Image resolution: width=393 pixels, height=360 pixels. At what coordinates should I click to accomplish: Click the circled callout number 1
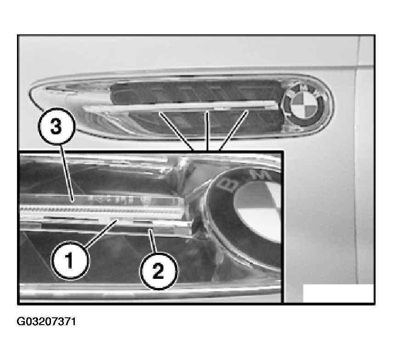coord(70,260)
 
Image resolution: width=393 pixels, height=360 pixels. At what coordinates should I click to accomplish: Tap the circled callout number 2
coord(159,271)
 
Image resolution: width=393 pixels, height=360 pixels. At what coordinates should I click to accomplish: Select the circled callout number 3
coord(56,127)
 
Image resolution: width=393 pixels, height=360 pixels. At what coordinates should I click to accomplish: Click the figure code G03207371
coord(46,321)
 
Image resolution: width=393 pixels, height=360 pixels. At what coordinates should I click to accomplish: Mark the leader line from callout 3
coord(67,173)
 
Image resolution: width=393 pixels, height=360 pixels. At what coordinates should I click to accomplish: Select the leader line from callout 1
coord(101,233)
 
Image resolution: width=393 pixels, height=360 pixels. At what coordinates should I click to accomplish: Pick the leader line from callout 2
coord(153,240)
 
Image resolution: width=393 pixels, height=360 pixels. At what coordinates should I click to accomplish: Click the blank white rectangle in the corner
coord(338,293)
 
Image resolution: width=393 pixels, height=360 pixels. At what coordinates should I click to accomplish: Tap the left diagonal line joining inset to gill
coord(176,131)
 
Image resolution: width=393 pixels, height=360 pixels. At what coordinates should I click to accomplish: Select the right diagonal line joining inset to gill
coord(234,130)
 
